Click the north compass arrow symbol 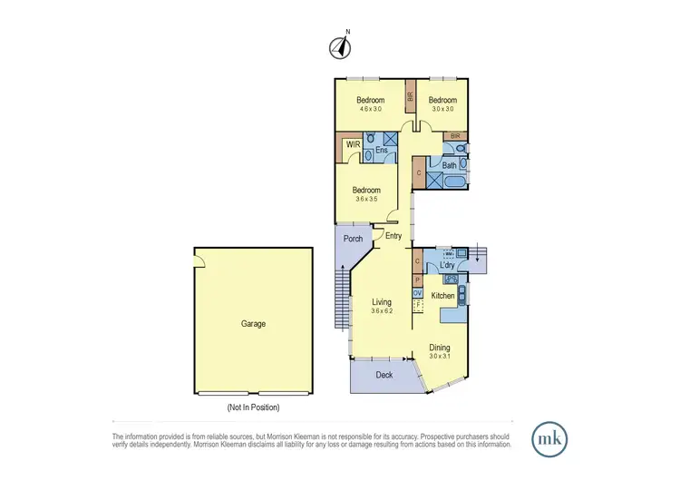[341, 45]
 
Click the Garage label [253, 323]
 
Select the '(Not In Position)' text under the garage [253, 407]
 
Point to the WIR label [353, 144]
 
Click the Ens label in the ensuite [382, 150]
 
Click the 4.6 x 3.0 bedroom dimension [370, 109]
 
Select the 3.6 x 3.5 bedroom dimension [366, 200]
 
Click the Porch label [354, 239]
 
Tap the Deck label [384, 374]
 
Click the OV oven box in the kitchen [417, 293]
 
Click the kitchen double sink [462, 293]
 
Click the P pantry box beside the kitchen [417, 280]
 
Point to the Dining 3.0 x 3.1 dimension [439, 356]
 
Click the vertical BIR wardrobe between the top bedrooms [410, 95]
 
